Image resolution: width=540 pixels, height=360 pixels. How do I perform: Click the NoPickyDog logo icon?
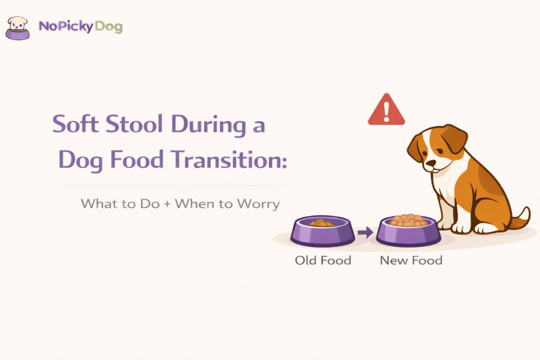tap(17, 28)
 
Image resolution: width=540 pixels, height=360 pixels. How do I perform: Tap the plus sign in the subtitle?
tap(167, 203)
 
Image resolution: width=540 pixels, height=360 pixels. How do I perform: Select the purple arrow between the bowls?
tap(365, 232)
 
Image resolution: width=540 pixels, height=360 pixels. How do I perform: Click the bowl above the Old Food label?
tap(323, 232)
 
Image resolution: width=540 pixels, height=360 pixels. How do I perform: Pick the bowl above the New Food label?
tap(408, 232)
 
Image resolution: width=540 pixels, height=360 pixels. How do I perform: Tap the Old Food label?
tap(323, 260)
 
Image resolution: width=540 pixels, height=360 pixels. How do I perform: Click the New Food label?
tap(411, 260)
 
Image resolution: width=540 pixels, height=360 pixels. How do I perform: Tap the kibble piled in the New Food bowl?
tap(408, 220)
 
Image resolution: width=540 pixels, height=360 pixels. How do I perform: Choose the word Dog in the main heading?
tap(76, 159)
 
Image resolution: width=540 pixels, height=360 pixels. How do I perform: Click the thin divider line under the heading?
tap(170, 186)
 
